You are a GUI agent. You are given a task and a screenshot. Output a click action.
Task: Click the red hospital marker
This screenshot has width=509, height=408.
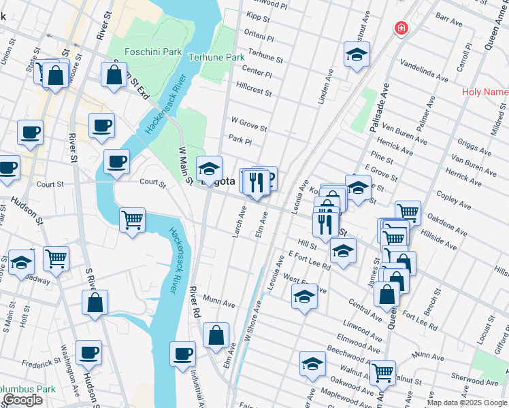click(401, 29)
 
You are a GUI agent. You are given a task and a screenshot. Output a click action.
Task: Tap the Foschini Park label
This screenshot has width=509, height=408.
click(144, 52)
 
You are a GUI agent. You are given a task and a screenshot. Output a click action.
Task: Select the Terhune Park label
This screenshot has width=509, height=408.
click(216, 58)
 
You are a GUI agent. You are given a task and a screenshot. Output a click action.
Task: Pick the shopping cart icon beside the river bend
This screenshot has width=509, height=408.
click(132, 220)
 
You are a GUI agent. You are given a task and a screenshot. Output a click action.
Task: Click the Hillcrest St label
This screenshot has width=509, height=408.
click(254, 92)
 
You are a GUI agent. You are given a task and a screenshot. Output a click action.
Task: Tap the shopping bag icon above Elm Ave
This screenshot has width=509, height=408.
click(216, 335)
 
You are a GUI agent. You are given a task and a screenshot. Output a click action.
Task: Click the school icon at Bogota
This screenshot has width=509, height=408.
click(209, 168)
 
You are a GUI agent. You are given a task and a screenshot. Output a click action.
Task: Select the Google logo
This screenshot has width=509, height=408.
click(22, 400)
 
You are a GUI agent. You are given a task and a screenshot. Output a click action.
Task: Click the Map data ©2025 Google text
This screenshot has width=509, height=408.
click(466, 403)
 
